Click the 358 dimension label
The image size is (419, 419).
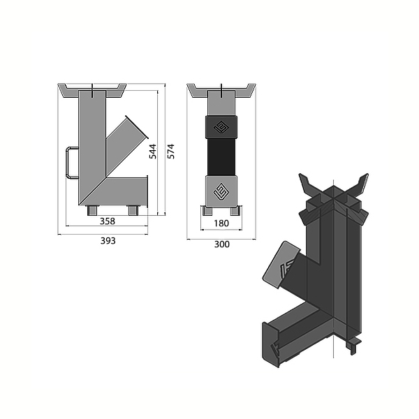[x=108, y=221]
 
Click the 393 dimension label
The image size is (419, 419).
[x=108, y=241]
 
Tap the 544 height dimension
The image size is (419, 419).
[x=152, y=152]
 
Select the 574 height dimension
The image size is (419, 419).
[x=171, y=152]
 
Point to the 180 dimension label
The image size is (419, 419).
[x=221, y=223]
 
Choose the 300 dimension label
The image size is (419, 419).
[x=222, y=244]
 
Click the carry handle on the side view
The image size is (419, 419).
[x=71, y=163]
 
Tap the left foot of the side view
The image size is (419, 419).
[x=92, y=210]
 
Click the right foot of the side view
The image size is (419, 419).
[x=133, y=210]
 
